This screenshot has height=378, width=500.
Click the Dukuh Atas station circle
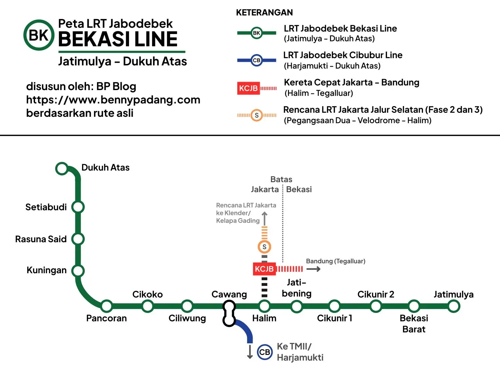point(62,168)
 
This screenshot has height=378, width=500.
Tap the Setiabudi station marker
point(78,207)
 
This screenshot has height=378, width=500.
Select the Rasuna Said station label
point(41,239)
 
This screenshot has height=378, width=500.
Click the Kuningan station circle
point(78,271)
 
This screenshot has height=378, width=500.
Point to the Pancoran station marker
point(107,306)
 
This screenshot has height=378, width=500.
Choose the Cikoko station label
point(147,294)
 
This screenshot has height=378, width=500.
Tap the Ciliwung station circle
point(187,306)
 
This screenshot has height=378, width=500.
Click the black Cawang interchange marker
point(229,313)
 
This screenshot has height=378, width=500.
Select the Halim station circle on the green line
point(264,306)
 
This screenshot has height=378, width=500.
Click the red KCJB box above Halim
point(264,269)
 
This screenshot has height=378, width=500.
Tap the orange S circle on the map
point(264,247)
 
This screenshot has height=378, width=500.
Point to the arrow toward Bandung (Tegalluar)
point(313,269)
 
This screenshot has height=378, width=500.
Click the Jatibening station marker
point(297,306)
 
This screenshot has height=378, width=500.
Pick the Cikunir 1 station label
point(334,318)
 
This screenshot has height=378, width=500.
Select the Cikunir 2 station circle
point(376,306)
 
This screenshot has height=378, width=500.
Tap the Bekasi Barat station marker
point(414,306)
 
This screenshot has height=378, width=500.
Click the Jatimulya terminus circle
point(454,306)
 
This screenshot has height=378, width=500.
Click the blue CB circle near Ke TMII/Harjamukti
point(265,352)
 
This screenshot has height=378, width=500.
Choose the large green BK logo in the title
point(39,35)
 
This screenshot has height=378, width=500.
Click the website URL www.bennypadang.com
point(113,100)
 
